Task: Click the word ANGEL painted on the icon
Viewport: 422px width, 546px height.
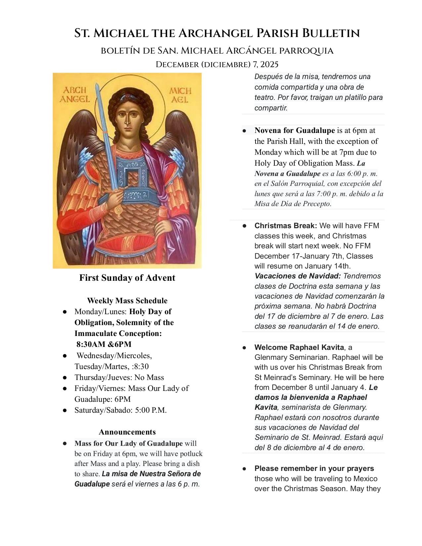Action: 74,99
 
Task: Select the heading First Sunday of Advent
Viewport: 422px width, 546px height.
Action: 127,278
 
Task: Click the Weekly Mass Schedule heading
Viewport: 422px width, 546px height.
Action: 127,301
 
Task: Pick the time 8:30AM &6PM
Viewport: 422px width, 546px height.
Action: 104,344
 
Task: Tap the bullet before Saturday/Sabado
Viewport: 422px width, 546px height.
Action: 65,410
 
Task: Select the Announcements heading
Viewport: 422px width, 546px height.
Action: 127,432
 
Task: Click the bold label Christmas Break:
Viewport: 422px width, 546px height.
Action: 285,226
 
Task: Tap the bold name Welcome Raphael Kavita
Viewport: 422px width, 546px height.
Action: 299,347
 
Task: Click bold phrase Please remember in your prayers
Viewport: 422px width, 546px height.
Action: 314,468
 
